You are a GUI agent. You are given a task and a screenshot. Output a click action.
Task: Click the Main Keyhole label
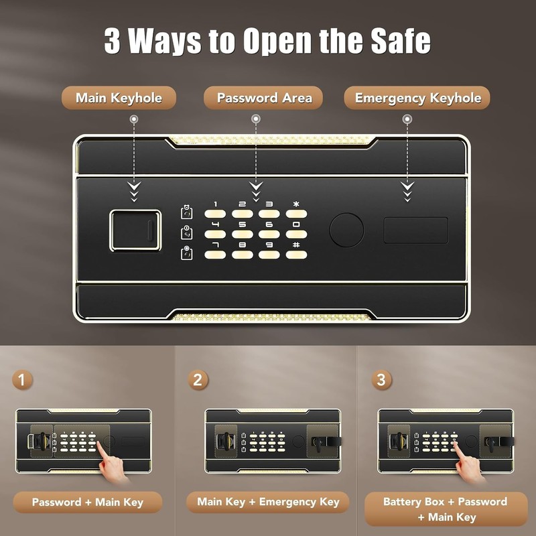[119, 98]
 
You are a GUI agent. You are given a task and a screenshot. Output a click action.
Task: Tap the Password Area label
[264, 98]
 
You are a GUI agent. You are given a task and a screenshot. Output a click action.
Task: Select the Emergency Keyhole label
[417, 98]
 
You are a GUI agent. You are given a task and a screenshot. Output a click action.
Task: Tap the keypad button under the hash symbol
[297, 255]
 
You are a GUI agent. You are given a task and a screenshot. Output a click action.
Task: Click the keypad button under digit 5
[243, 234]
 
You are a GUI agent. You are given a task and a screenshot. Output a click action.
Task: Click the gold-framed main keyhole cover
[135, 230]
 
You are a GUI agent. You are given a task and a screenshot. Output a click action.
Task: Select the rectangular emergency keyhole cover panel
[415, 230]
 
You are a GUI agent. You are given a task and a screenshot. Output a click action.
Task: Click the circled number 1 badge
[22, 381]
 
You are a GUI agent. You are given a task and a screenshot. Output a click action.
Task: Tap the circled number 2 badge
[198, 381]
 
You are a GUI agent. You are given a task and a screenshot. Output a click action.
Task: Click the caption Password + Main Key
[88, 503]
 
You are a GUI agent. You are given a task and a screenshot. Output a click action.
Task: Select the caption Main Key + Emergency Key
[268, 502]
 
